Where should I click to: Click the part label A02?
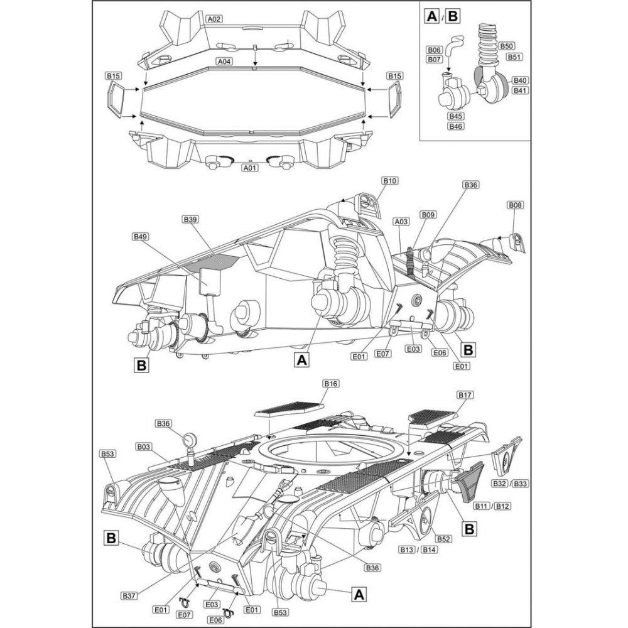tap(215, 19)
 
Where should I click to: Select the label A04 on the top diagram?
tap(224, 62)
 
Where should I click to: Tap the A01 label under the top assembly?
tap(250, 168)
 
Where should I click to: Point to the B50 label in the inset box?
tap(507, 46)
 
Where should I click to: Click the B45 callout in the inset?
tap(455, 116)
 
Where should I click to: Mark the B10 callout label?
tap(389, 181)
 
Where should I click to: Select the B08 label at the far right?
tap(516, 205)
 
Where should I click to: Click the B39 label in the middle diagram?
tap(190, 219)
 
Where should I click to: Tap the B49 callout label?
tap(140, 237)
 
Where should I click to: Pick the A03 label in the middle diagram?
tap(402, 221)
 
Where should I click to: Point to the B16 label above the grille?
tap(331, 383)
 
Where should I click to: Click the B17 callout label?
tap(465, 395)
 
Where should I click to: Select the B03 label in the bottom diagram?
tap(143, 447)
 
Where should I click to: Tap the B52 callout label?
tap(444, 539)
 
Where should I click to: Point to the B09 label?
tap(428, 215)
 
